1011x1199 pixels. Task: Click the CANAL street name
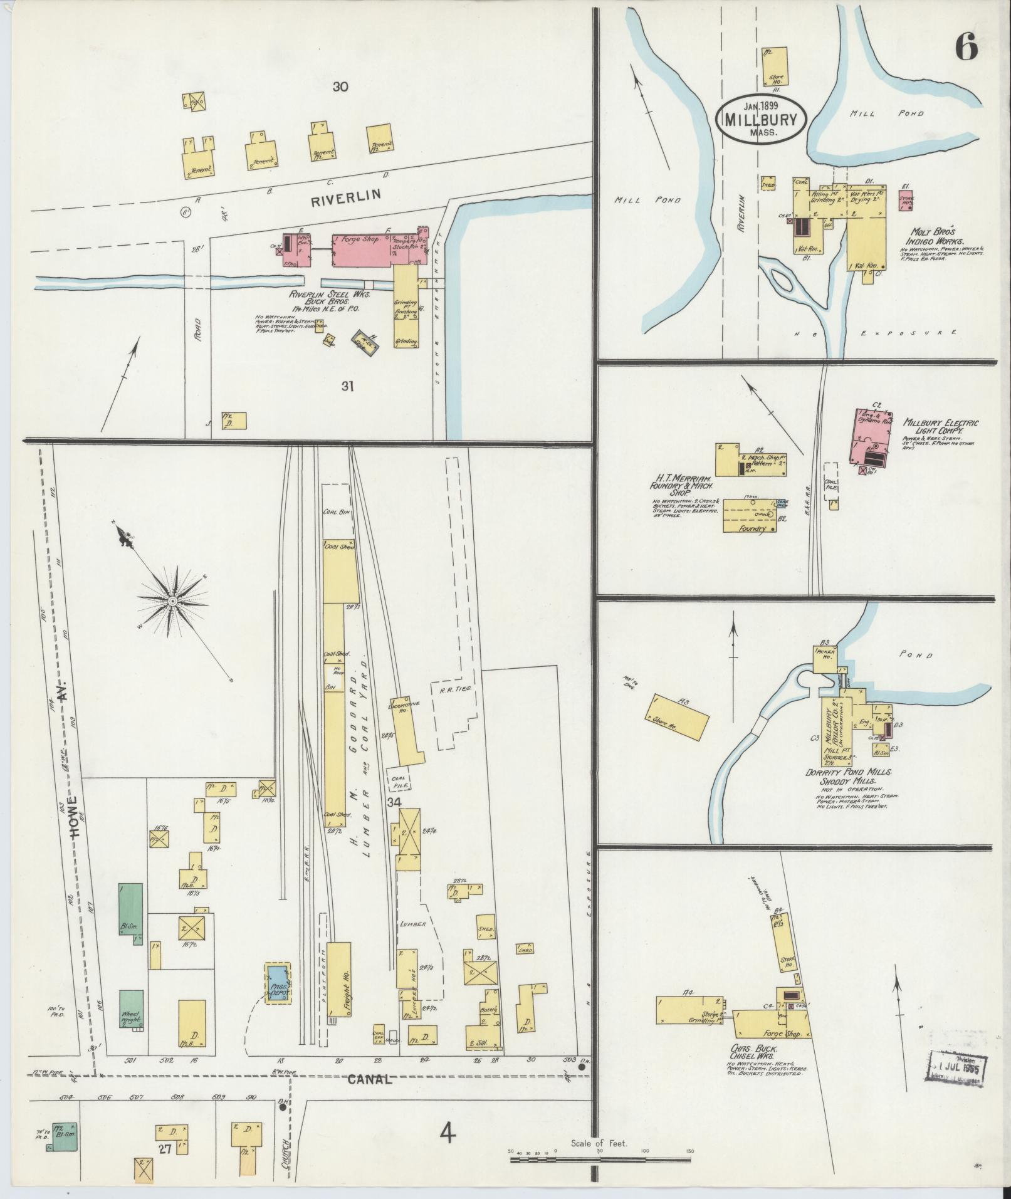coord(369,1079)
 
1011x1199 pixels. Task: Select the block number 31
coord(347,386)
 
